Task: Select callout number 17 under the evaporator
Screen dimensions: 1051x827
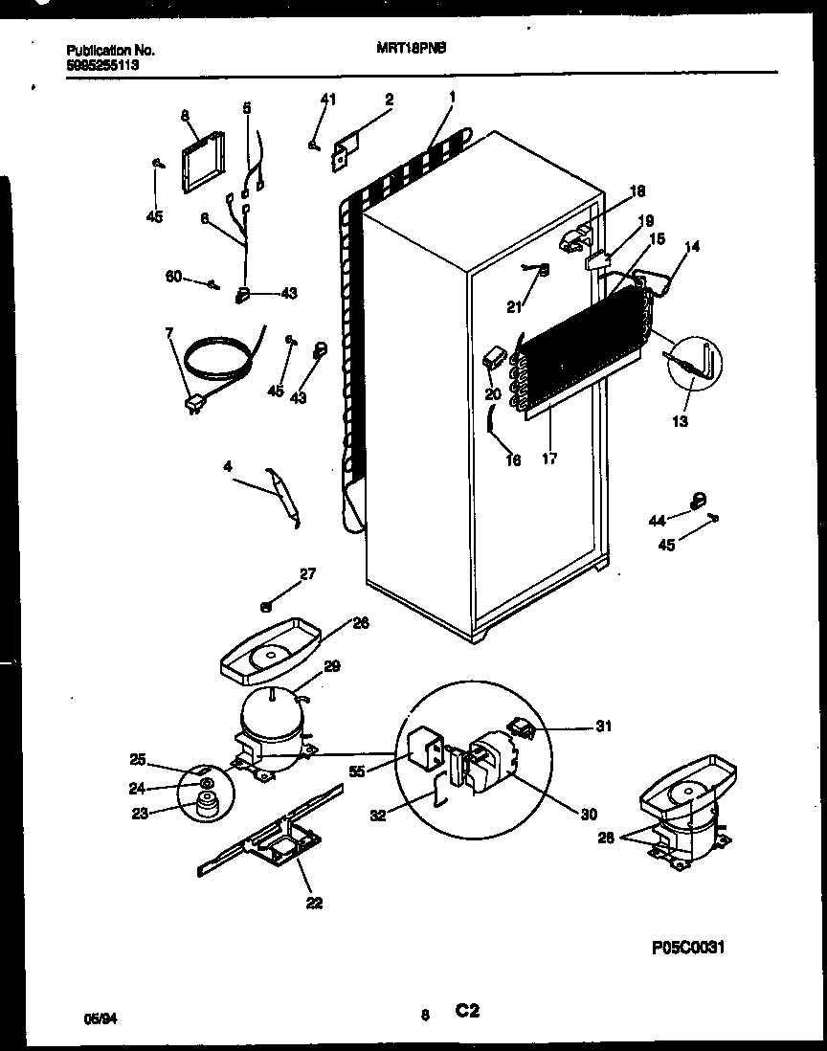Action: (x=548, y=458)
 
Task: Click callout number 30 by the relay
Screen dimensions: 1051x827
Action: (x=588, y=815)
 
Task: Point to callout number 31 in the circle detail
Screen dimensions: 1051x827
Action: (x=603, y=726)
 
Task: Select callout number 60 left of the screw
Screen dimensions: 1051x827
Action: (x=173, y=278)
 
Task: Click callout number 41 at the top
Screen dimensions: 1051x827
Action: (x=328, y=100)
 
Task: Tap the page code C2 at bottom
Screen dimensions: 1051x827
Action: (x=467, y=1011)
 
